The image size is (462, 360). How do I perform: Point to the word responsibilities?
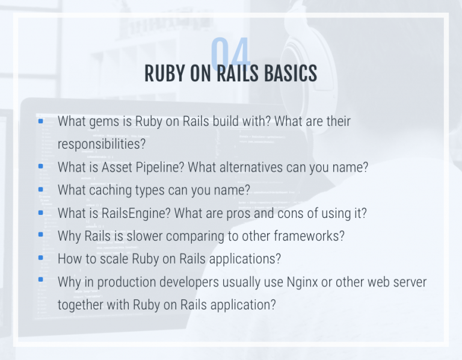[102, 145]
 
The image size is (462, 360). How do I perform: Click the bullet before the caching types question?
[41, 189]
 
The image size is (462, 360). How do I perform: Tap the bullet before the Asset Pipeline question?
[41, 166]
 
